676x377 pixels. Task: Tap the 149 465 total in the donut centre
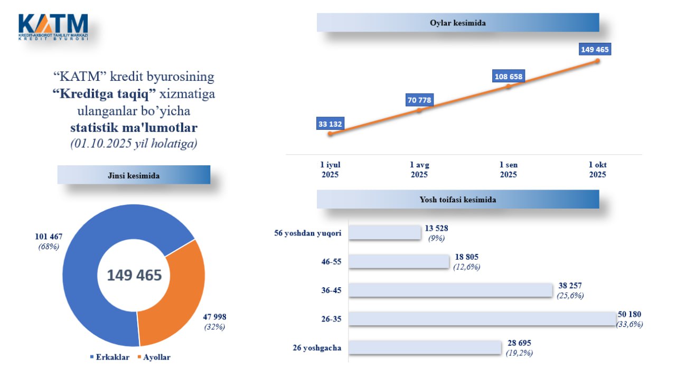point(134,275)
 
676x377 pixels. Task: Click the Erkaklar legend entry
point(109,357)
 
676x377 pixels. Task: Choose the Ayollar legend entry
point(154,357)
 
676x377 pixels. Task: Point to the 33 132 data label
point(330,124)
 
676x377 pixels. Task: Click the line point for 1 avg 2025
point(419,110)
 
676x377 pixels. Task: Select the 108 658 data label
point(508,77)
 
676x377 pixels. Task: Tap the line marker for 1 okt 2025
point(597,61)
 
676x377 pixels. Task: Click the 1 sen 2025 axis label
point(508,169)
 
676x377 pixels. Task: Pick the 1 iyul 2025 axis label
point(330,169)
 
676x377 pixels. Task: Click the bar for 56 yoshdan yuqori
point(385,232)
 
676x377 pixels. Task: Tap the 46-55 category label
point(332,261)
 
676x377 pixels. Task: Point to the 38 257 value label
point(570,286)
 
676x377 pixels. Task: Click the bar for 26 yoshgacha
point(425,347)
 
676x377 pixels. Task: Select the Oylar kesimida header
point(457,23)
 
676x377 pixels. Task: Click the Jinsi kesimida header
point(134,175)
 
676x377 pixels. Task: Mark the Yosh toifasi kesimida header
point(457,200)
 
